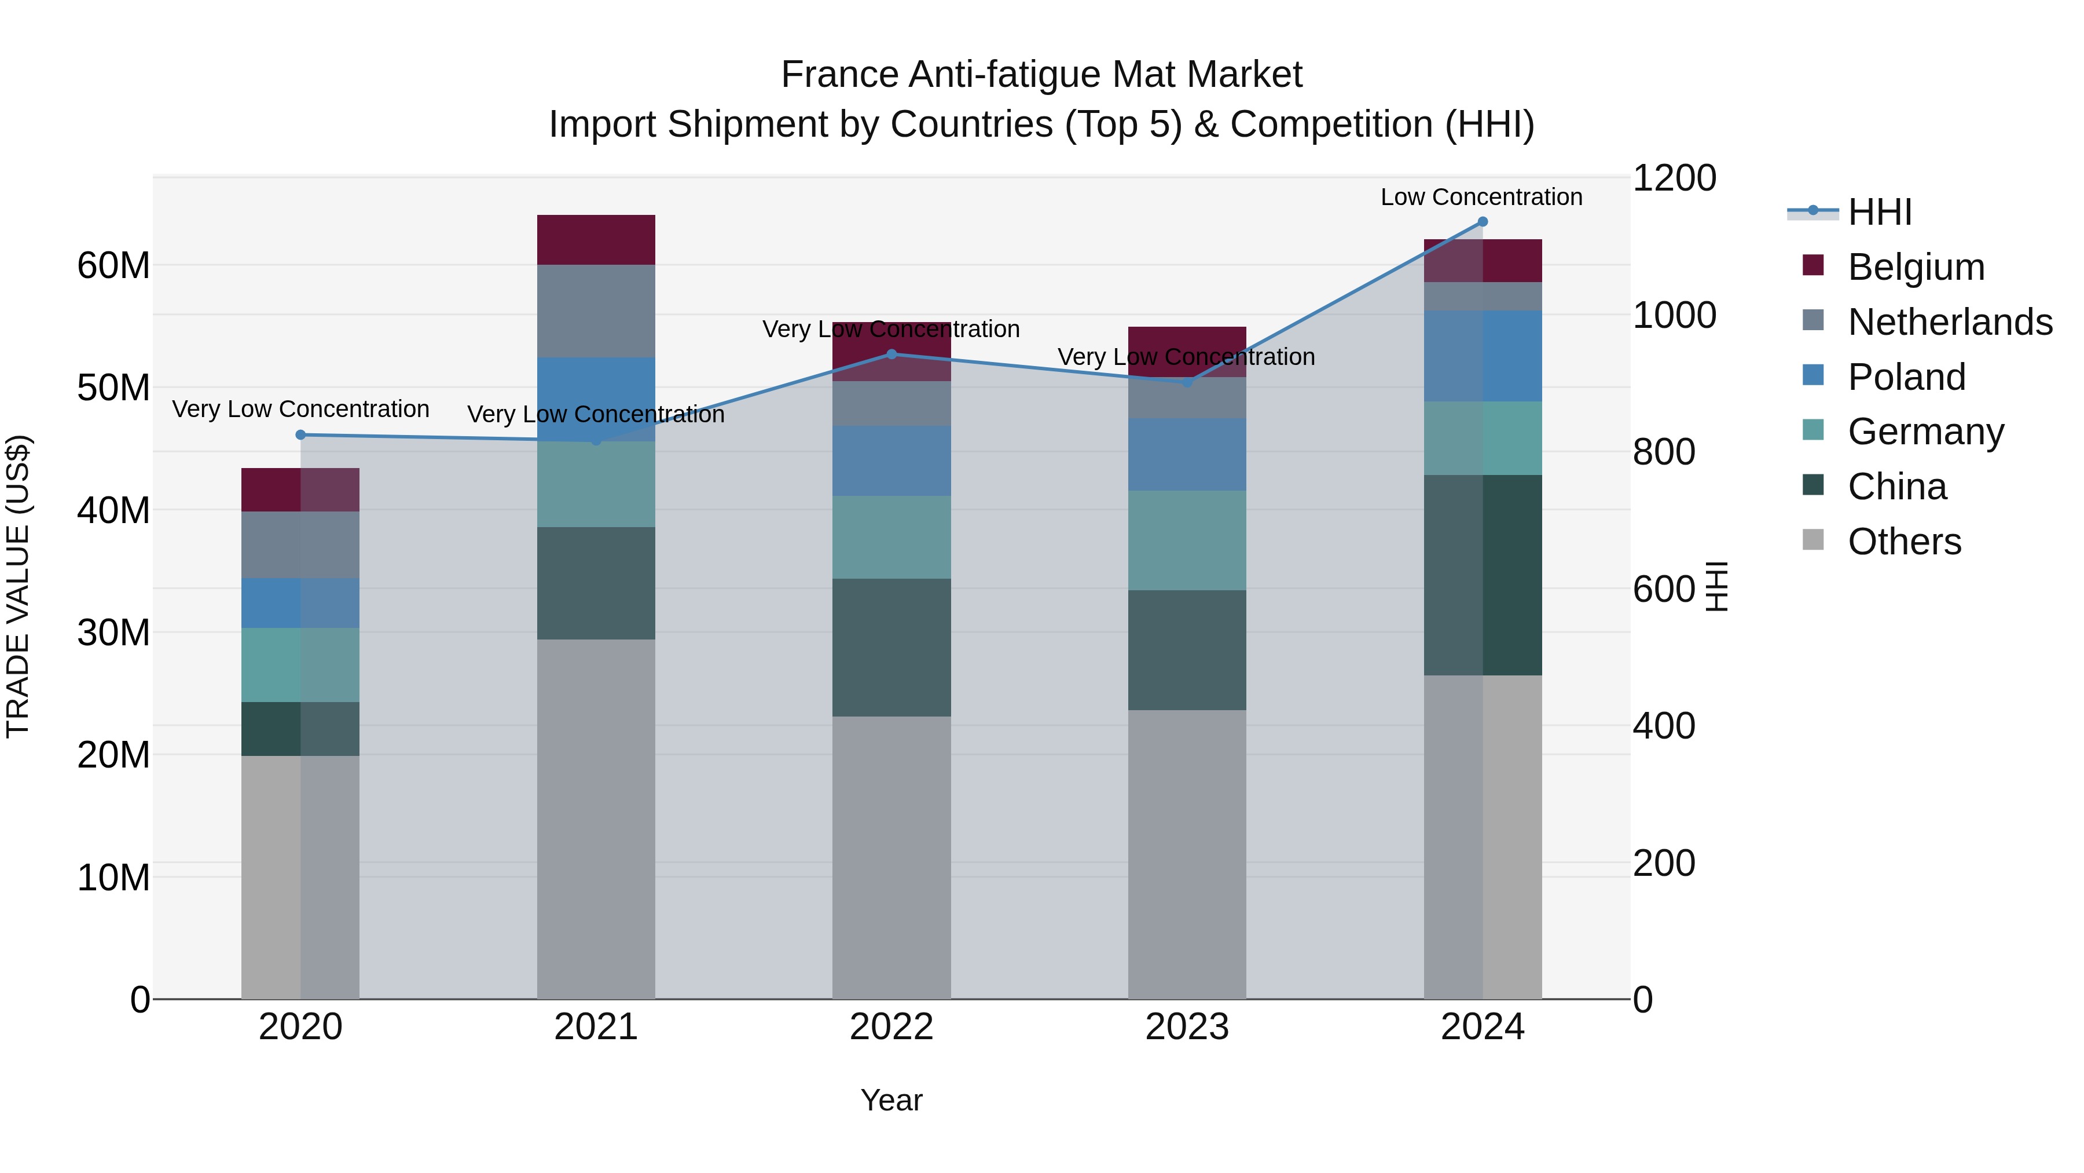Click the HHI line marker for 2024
1482,222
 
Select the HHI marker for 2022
891,354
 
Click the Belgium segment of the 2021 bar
596,240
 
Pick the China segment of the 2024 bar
1482,575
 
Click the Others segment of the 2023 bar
1187,854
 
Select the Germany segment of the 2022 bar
891,537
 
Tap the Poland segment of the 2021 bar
596,399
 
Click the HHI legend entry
1878,212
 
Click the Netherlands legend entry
1949,322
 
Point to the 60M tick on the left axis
113,265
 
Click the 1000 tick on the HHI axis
1674,315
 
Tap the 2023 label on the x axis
1187,1027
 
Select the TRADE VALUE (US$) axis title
18,586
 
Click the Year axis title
891,1100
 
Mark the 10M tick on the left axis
113,878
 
